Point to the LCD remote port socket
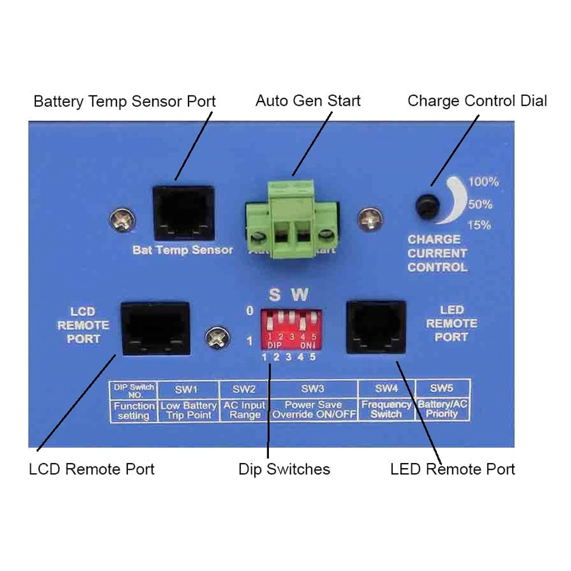(x=155, y=328)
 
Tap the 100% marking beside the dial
(x=483, y=182)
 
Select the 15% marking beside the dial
(x=479, y=225)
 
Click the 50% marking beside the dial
(x=480, y=204)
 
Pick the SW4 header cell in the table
(x=386, y=389)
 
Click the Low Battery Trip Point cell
(x=188, y=410)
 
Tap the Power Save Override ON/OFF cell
(x=313, y=410)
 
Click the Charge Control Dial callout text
(x=477, y=101)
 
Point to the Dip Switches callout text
(x=284, y=469)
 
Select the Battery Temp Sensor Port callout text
(x=124, y=102)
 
